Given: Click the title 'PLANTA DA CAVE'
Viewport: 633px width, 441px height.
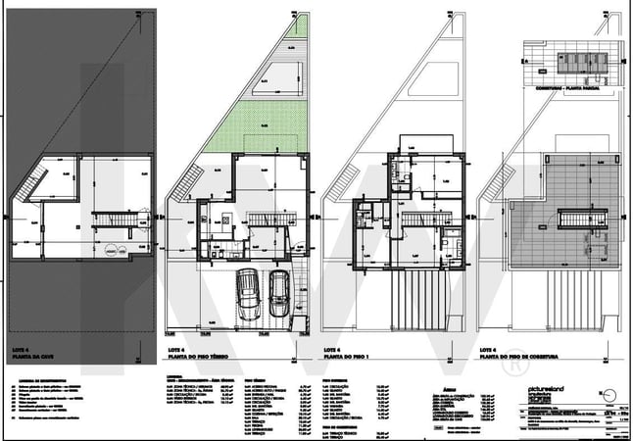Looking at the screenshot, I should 34,357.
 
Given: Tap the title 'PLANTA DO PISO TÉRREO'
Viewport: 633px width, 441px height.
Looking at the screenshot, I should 195,357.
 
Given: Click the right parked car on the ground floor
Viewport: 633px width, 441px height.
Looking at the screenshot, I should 279,291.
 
